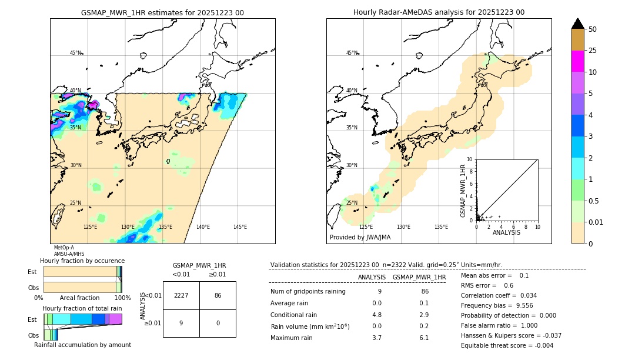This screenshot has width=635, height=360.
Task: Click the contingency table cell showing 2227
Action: click(x=181, y=295)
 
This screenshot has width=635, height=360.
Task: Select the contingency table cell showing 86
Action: click(x=218, y=295)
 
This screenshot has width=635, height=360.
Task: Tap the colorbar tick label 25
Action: click(x=593, y=51)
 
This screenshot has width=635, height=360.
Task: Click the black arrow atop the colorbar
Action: click(x=578, y=24)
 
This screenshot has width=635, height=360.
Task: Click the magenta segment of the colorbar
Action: click(x=578, y=61)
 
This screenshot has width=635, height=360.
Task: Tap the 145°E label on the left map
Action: click(x=240, y=227)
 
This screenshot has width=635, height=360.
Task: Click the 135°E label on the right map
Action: click(x=441, y=227)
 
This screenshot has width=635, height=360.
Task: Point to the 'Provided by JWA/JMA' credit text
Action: click(x=360, y=237)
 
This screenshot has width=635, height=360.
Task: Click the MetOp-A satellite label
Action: click(x=63, y=248)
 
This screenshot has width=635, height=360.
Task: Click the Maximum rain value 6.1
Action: click(x=423, y=338)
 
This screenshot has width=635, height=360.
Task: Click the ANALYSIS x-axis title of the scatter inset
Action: click(x=507, y=232)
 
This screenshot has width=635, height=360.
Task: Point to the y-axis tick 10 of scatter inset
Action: click(x=470, y=159)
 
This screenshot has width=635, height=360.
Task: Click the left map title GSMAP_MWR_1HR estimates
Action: click(x=162, y=12)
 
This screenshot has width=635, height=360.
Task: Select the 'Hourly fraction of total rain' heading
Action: click(x=82, y=308)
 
